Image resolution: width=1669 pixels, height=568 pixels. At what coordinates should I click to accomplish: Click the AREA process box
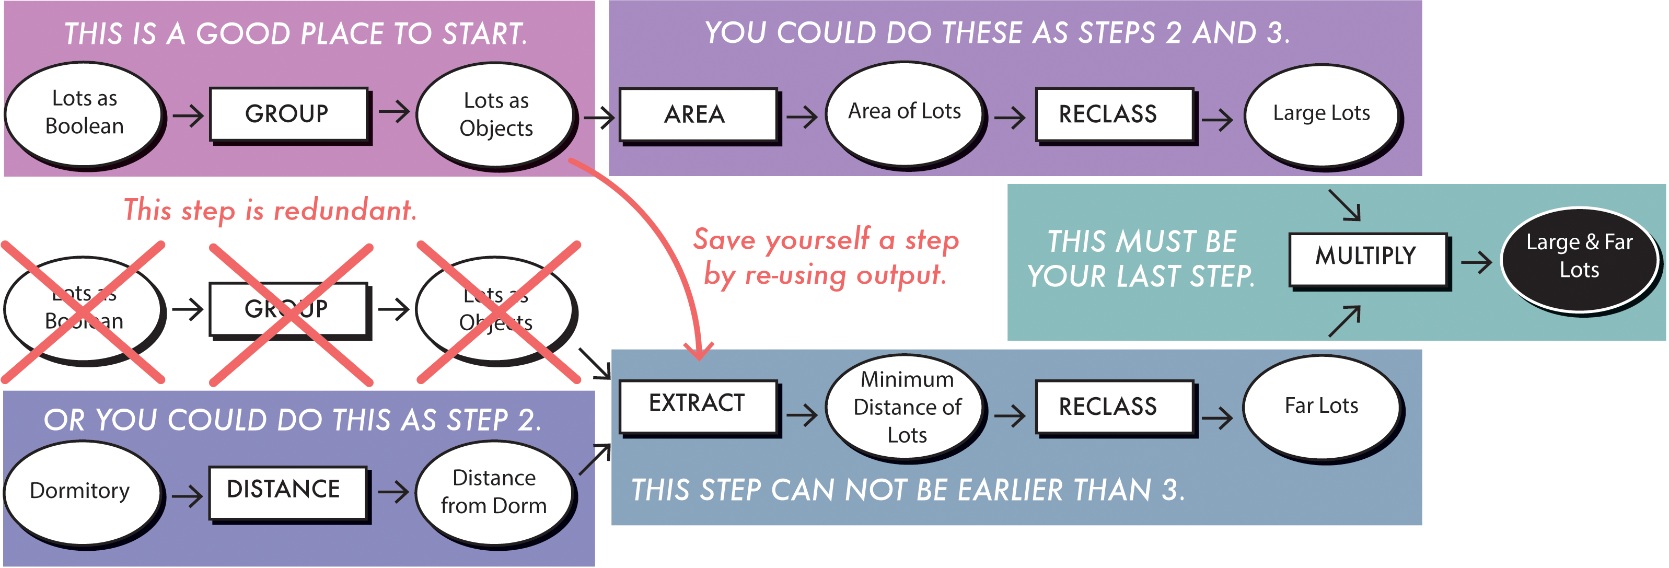pos(697,114)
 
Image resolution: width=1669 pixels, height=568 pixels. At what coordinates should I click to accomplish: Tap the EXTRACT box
pos(697,405)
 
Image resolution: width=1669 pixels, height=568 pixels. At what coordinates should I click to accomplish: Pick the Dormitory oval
pos(81,492)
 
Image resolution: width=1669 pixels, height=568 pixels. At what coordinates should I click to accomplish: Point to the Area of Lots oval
pos(905,113)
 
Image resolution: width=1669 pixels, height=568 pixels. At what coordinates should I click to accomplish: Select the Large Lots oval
pos(1321,114)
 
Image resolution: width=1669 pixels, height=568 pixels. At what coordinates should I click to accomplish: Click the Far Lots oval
pos(1321,407)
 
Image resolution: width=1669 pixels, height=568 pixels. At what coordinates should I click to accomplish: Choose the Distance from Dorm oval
pos(494,492)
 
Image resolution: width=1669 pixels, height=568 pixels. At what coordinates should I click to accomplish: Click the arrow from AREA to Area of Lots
pos(802,117)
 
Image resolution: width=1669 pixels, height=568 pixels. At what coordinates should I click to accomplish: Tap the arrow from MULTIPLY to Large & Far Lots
pos(1477,262)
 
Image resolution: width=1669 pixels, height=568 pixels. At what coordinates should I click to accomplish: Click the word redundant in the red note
pos(345,211)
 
